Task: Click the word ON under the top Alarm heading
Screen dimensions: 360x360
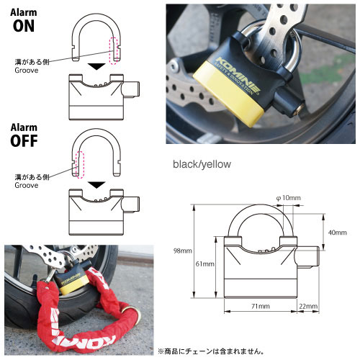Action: point(23,27)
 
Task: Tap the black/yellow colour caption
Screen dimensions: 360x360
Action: point(202,164)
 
